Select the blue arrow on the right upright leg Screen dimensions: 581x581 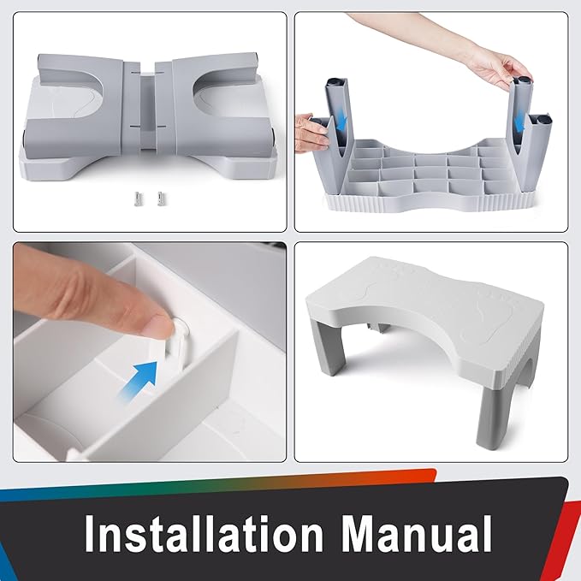(519, 122)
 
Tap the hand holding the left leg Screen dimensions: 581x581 (312, 130)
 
